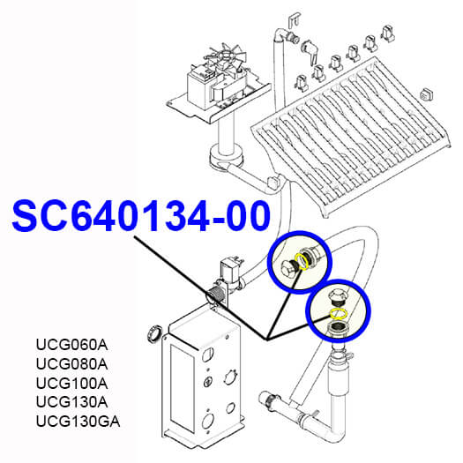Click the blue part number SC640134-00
[141, 216]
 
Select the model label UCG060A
[71, 345]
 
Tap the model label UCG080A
[71, 363]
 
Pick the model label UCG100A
[71, 384]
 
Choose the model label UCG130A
[71, 402]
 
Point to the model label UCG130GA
[78, 422]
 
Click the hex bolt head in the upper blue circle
[287, 266]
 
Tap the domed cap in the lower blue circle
[339, 295]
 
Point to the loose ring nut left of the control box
[154, 333]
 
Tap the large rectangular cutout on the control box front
[182, 389]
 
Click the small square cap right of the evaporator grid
[426, 93]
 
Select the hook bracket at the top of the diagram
[295, 20]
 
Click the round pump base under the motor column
[227, 158]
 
